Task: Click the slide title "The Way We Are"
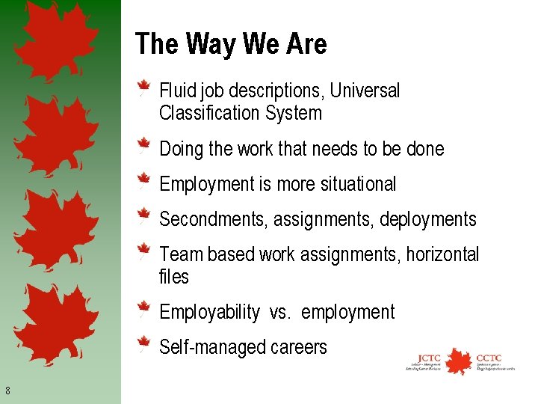[x=231, y=44]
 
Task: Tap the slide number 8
[x=7, y=390]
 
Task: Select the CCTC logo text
[x=489, y=357]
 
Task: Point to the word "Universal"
[x=365, y=91]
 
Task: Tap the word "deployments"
[x=427, y=220]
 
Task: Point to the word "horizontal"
[x=443, y=254]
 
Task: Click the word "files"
[x=174, y=277]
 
